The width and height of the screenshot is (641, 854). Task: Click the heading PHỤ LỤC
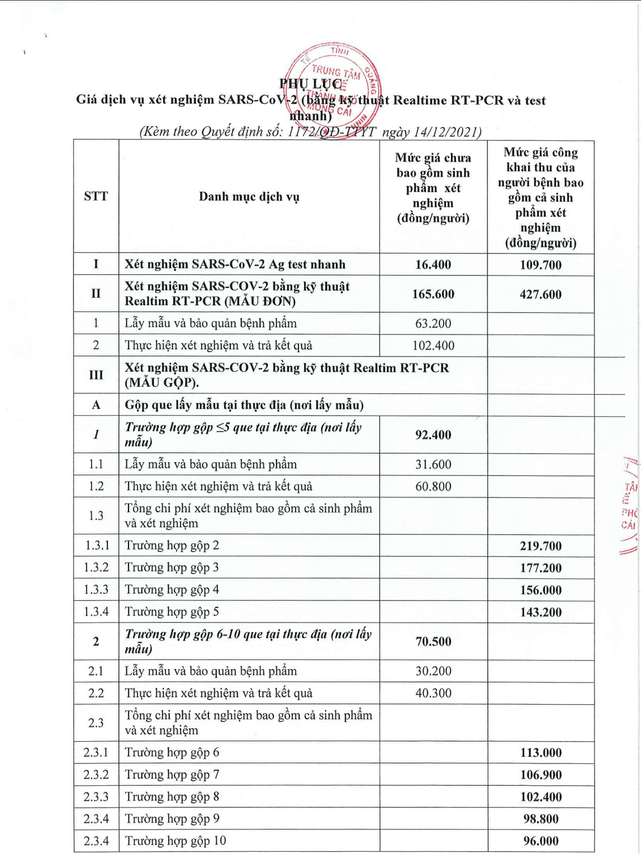[x=311, y=84]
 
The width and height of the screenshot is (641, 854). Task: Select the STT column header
[x=96, y=196]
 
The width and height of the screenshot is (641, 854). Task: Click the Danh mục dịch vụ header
[x=249, y=197]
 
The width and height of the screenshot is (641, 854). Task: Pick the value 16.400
[x=433, y=265]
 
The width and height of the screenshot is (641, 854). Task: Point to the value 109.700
[x=540, y=265]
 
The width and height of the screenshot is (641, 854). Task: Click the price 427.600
[x=540, y=295]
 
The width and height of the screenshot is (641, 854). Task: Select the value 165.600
[x=433, y=294]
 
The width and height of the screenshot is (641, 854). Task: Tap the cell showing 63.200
[x=433, y=324]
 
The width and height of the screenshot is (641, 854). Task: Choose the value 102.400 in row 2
[x=433, y=346]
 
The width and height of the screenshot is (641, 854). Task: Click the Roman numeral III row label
[x=96, y=375]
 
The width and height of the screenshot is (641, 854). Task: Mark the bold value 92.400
[x=433, y=435]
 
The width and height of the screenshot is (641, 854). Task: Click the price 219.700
[x=540, y=546]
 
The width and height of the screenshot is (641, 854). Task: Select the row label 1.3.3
[x=96, y=590]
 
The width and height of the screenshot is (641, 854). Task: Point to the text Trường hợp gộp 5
[x=172, y=612]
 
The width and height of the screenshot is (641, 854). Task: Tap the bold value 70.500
[x=433, y=642]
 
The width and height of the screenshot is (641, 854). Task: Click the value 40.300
[x=433, y=693]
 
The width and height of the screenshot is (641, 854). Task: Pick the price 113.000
[x=540, y=753]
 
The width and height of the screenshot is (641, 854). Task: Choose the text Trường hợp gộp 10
[x=175, y=841]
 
